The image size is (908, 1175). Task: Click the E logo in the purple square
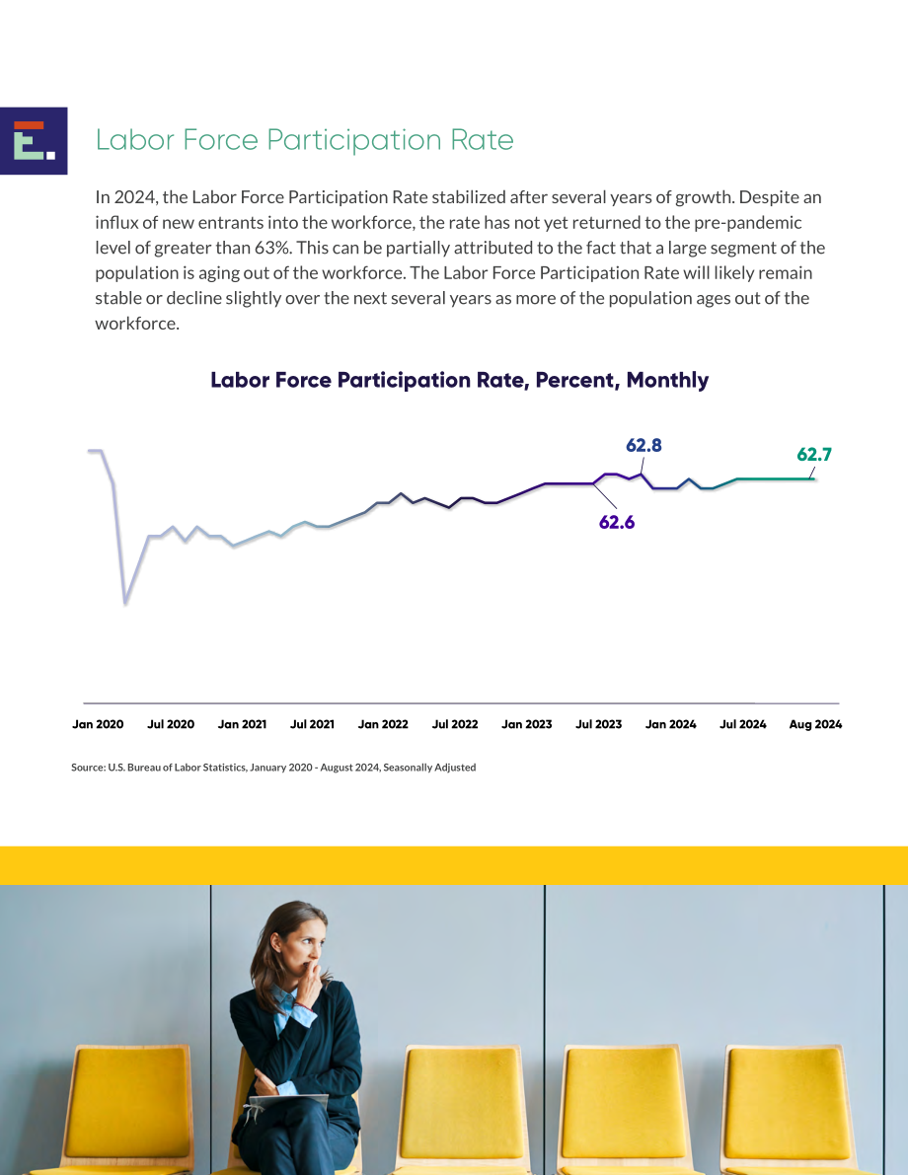coord(34,140)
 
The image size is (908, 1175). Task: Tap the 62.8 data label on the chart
coord(643,445)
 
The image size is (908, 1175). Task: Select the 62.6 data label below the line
coord(616,522)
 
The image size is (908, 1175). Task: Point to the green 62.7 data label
coord(813,454)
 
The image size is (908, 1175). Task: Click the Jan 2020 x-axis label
coord(98,724)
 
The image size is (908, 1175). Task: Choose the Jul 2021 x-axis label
coord(312,724)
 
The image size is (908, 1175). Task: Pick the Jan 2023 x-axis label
coord(526,724)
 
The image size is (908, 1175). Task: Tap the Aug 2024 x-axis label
coord(815,725)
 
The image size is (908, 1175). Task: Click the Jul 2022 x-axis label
coord(454,724)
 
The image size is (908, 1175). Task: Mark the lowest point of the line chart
coord(125,603)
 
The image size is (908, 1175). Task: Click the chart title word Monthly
coord(667,381)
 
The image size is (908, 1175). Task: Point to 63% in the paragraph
coord(273,248)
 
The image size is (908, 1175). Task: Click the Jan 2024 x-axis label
coord(670,724)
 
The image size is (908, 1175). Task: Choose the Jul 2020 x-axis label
coord(170,724)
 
